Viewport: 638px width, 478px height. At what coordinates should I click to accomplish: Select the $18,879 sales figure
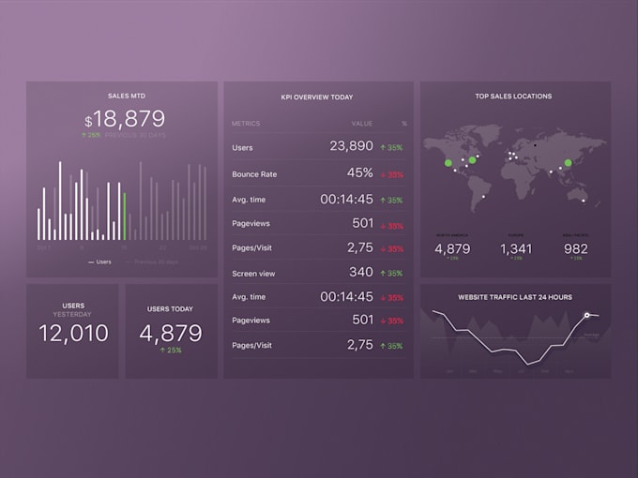(125, 119)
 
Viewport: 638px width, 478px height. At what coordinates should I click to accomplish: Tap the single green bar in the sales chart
(125, 217)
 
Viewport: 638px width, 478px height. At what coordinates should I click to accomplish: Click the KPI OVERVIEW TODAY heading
(317, 97)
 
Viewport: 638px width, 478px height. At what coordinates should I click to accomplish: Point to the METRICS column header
(246, 123)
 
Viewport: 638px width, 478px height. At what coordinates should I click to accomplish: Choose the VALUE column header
(362, 123)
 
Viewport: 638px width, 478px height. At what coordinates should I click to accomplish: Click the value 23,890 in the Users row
(351, 146)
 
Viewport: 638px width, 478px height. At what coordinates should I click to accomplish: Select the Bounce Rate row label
(254, 174)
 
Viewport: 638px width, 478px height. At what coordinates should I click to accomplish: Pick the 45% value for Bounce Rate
(359, 172)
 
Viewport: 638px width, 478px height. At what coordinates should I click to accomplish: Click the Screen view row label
(252, 274)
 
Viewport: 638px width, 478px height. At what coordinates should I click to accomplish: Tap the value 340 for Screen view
(360, 272)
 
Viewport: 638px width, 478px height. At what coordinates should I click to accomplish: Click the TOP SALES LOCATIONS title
(513, 96)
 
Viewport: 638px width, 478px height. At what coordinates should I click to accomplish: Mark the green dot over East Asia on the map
(567, 163)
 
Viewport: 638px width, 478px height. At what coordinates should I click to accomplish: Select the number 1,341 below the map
(516, 248)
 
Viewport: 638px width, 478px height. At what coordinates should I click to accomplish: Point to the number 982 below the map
(575, 248)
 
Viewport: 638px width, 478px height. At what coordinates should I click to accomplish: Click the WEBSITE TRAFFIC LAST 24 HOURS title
(515, 297)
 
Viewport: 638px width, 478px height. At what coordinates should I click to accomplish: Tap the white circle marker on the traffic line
(587, 316)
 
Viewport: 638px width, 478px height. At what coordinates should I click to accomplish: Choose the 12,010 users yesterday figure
(73, 333)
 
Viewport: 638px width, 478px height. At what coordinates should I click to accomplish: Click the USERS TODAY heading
(171, 308)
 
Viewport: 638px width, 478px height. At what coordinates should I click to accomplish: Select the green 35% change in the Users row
(391, 148)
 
